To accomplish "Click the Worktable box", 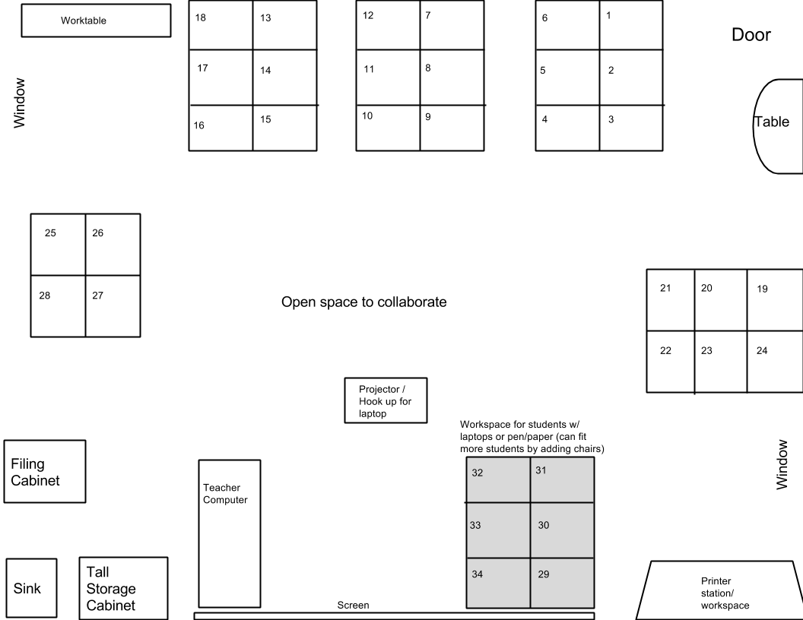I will tap(95, 21).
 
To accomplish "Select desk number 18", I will tap(221, 25).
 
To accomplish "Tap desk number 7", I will tap(451, 25).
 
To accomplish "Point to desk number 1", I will tap(630, 25).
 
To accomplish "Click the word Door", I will tap(751, 35).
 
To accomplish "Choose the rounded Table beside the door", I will tap(778, 126).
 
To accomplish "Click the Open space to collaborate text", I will tap(363, 302).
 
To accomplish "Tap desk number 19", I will tap(774, 300).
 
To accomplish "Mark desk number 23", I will tap(720, 362).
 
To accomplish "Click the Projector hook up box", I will tap(386, 400).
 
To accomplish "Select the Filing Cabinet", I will tap(44, 471).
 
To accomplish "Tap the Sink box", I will tap(32, 588).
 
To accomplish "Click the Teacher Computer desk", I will tap(229, 533).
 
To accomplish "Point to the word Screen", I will tap(353, 606).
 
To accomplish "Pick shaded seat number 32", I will tap(498, 479).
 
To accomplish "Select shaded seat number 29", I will tap(562, 583).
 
